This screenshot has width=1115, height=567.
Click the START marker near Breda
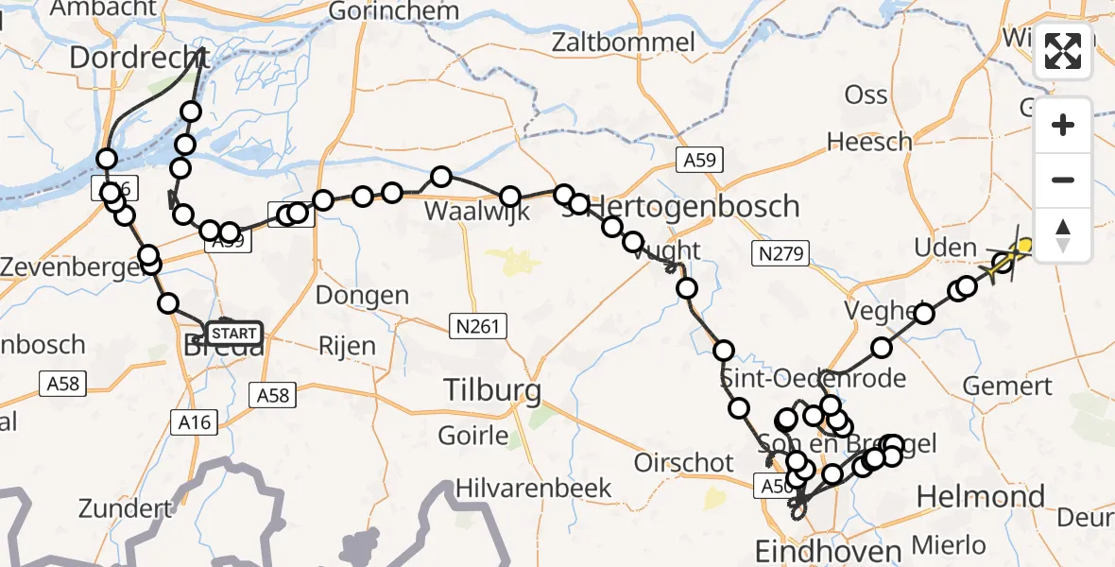pos(232,334)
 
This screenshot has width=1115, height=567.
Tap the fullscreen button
pos(1063,51)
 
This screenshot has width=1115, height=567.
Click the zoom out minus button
pos(1063,180)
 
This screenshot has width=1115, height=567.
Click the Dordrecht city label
pos(139,59)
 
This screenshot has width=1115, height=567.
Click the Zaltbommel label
pos(624,42)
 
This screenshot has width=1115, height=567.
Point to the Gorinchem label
pos(394,12)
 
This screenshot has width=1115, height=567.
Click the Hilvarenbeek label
pos(534,488)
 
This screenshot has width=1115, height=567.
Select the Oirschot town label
pos(685,463)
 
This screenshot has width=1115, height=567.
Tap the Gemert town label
pos(1007,386)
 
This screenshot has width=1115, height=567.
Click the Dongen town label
pos(362,295)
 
